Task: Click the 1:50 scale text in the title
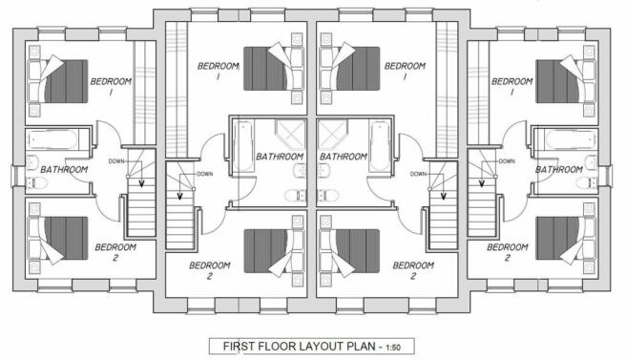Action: pos(393,348)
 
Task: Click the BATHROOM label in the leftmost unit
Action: pos(64,170)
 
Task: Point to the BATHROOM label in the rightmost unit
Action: pos(559,170)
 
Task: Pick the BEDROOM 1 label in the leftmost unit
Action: pos(111,86)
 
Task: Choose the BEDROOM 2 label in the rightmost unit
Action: pos(507,252)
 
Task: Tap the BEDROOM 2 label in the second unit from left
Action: pos(210,270)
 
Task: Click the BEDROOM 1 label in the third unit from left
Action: pos(405,71)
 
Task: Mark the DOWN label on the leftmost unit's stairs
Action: pos(116,161)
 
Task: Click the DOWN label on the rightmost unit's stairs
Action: pos(507,161)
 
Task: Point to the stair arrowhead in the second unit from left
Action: pos(180,196)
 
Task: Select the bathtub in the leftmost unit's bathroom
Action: pos(52,139)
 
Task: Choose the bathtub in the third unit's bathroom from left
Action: pos(380,147)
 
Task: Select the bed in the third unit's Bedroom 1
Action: pos(349,69)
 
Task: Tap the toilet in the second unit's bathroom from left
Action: pos(295,196)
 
